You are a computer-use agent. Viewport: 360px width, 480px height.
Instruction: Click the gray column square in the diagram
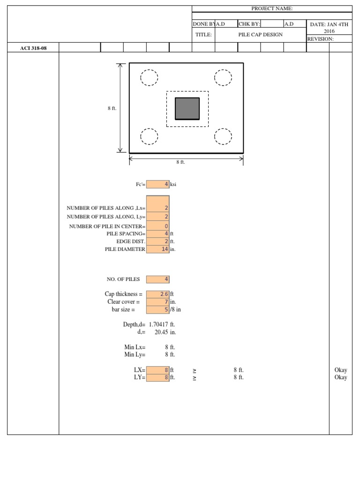[x=187, y=108]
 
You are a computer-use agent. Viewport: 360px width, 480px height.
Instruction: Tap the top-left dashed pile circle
[x=149, y=78]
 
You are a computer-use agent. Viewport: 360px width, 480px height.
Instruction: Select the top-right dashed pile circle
[x=223, y=78]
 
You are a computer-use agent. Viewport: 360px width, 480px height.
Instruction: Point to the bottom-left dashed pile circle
[x=149, y=136]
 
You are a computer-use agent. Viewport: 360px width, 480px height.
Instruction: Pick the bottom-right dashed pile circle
[x=223, y=136]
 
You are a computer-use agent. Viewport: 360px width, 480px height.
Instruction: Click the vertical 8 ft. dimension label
[x=112, y=108]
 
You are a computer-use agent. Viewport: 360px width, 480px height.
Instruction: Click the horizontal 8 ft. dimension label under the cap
[x=180, y=162]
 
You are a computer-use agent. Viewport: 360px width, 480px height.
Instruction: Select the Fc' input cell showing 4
[x=157, y=185]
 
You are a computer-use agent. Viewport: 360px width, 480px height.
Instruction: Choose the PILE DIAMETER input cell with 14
[x=157, y=249]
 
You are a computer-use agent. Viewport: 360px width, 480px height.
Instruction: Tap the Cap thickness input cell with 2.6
[x=157, y=294]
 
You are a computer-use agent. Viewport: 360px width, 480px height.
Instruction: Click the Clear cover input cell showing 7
[x=157, y=302]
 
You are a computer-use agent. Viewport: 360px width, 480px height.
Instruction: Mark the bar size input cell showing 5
[x=157, y=309]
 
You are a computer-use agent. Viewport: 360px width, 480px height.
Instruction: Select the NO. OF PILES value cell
[x=157, y=279]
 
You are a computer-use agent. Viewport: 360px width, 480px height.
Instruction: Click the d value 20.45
[x=162, y=332]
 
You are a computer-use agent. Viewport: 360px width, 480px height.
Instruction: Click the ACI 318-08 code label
[x=33, y=48]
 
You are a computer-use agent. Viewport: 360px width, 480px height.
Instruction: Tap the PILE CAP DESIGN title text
[x=261, y=35]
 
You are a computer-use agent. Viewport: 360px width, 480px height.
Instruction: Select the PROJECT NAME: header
[x=272, y=9]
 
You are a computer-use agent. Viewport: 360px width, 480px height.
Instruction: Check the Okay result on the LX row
[x=341, y=370]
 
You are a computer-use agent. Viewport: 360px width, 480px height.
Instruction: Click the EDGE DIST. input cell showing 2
[x=157, y=241]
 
